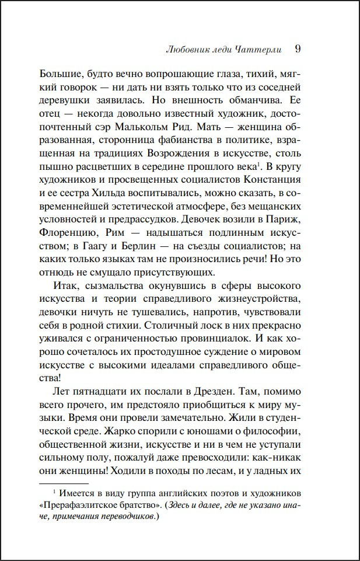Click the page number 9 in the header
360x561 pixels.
click(298, 49)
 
